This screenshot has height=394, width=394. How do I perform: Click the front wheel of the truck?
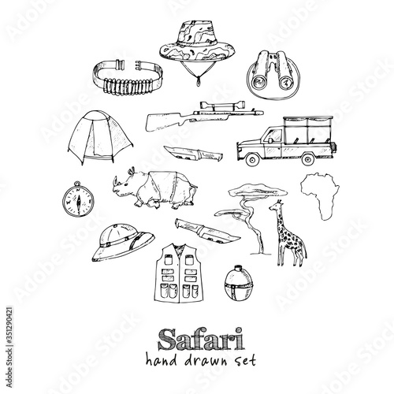click(253, 159)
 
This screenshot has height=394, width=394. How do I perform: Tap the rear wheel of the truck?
click(307, 159)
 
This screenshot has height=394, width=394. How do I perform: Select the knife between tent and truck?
click(194, 154)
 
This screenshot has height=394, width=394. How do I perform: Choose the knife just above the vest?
click(207, 230)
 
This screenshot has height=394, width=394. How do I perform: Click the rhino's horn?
click(115, 182)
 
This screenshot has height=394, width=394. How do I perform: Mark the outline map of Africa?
click(320, 195)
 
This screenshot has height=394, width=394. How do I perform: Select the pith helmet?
click(123, 242)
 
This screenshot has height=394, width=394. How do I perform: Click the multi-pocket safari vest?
click(179, 273)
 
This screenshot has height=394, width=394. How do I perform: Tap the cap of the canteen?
click(239, 269)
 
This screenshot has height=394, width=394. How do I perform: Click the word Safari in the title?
click(202, 339)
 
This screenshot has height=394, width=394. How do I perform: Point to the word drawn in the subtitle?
click(206, 360)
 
